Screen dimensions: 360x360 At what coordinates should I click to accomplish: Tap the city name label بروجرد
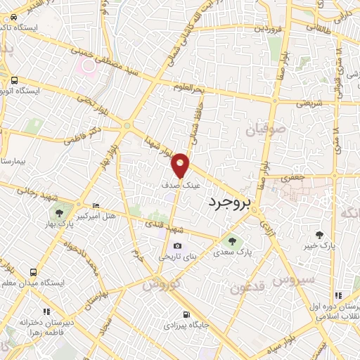coord(229,203)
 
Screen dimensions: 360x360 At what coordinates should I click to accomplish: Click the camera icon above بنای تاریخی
coord(177,246)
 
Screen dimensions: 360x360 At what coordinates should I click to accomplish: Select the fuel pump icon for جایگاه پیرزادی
coord(186,314)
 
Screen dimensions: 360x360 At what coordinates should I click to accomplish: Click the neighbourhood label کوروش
coord(162,284)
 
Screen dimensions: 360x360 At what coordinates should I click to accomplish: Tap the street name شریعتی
coord(290,103)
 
